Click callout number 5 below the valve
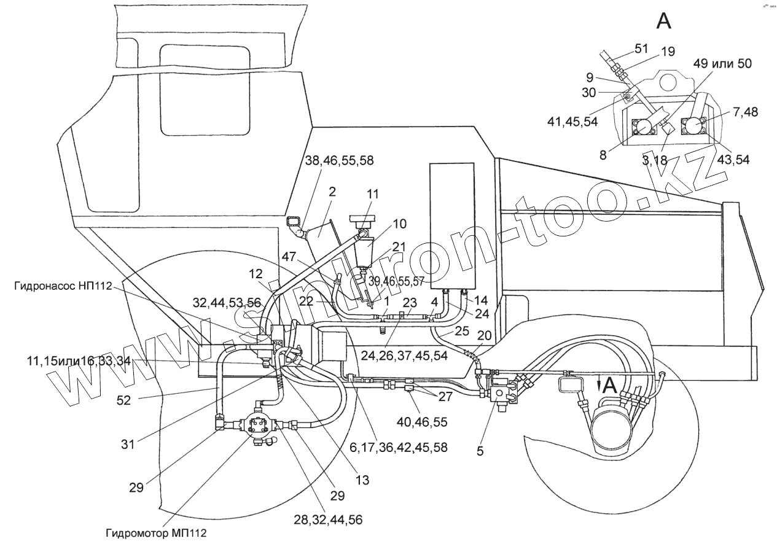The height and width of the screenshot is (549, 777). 480,450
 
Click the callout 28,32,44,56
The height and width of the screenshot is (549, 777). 328,520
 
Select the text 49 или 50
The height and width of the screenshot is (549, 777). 722,63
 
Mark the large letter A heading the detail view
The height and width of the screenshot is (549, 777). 664,20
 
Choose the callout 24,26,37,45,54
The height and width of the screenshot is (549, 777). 389,355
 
